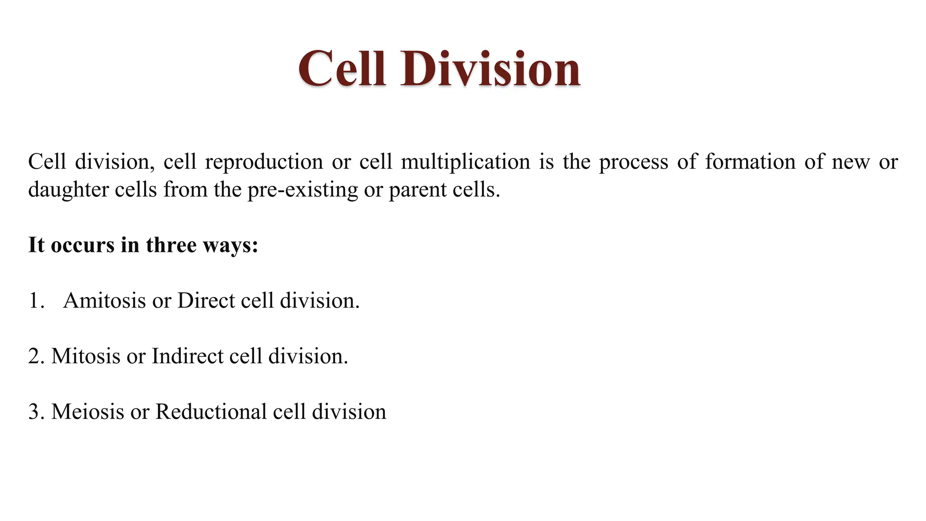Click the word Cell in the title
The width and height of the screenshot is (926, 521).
point(342,69)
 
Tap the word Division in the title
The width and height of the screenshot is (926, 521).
point(490,69)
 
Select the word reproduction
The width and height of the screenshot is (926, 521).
point(264,162)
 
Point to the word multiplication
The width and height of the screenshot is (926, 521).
point(465,162)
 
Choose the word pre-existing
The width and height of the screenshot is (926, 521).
point(302,190)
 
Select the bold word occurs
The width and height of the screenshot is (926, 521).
point(82,246)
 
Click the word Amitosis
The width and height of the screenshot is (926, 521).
point(104,301)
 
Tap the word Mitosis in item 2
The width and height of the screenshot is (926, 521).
point(86,356)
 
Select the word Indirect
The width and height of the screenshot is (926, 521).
point(187,356)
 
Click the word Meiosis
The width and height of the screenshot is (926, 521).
point(87,412)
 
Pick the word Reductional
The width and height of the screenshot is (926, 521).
point(211,412)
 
